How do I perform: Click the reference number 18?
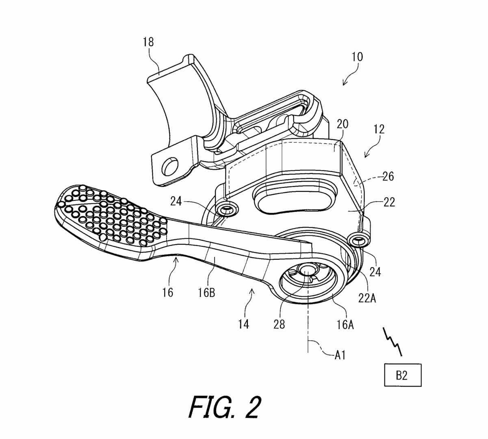(148, 42)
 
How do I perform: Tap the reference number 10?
(357, 57)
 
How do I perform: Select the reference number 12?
(379, 129)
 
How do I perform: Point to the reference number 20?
(343, 124)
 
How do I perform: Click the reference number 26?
(388, 176)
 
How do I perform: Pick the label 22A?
(367, 298)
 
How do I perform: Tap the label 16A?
(345, 324)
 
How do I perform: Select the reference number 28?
(279, 324)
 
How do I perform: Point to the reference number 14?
(244, 324)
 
